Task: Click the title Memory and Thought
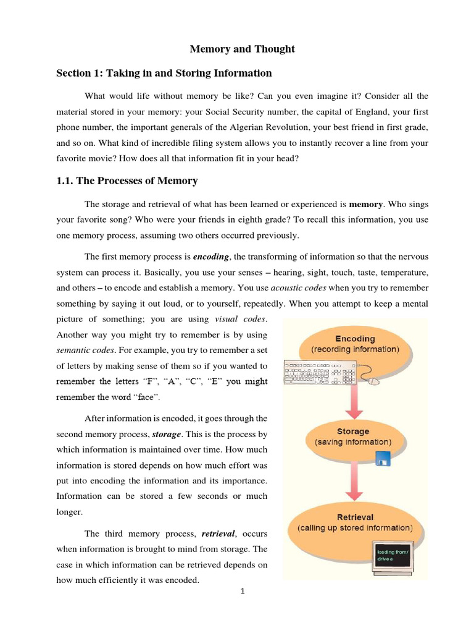point(242,49)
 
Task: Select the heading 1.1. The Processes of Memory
point(127,181)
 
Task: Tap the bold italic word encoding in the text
point(211,257)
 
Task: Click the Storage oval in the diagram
point(353,436)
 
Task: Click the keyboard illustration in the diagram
point(320,373)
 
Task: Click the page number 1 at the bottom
point(243,591)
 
